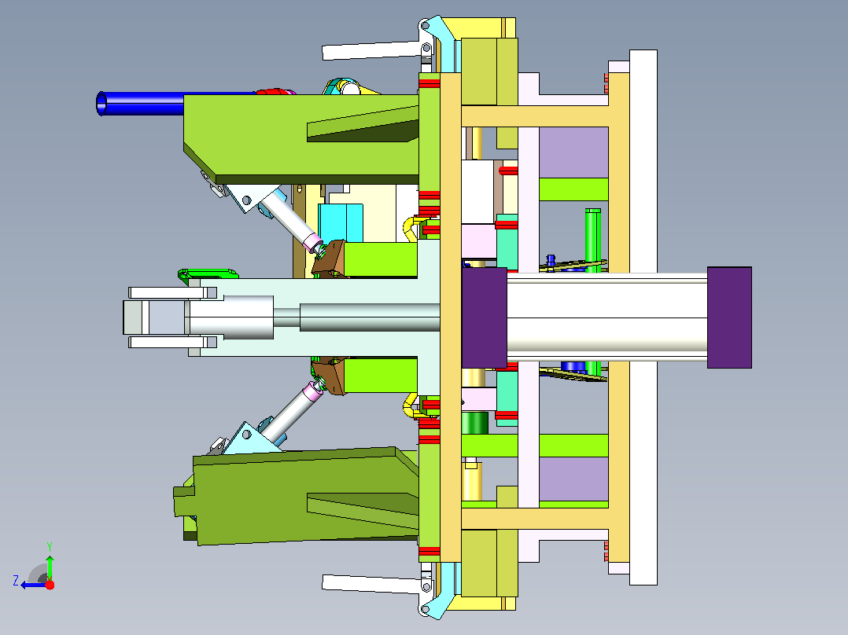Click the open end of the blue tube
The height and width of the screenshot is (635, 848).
tap(101, 103)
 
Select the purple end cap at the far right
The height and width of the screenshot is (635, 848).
tap(729, 317)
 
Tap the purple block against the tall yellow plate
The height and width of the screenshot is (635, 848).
tap(484, 317)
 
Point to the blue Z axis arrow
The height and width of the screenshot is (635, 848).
tap(34, 585)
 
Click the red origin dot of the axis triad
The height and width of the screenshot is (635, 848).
tap(50, 585)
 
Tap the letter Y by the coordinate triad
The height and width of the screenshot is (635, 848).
tap(50, 547)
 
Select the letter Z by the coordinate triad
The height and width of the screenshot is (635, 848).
tap(16, 581)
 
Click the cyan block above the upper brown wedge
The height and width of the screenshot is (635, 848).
tap(340, 222)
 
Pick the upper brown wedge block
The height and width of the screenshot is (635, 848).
tap(330, 259)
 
